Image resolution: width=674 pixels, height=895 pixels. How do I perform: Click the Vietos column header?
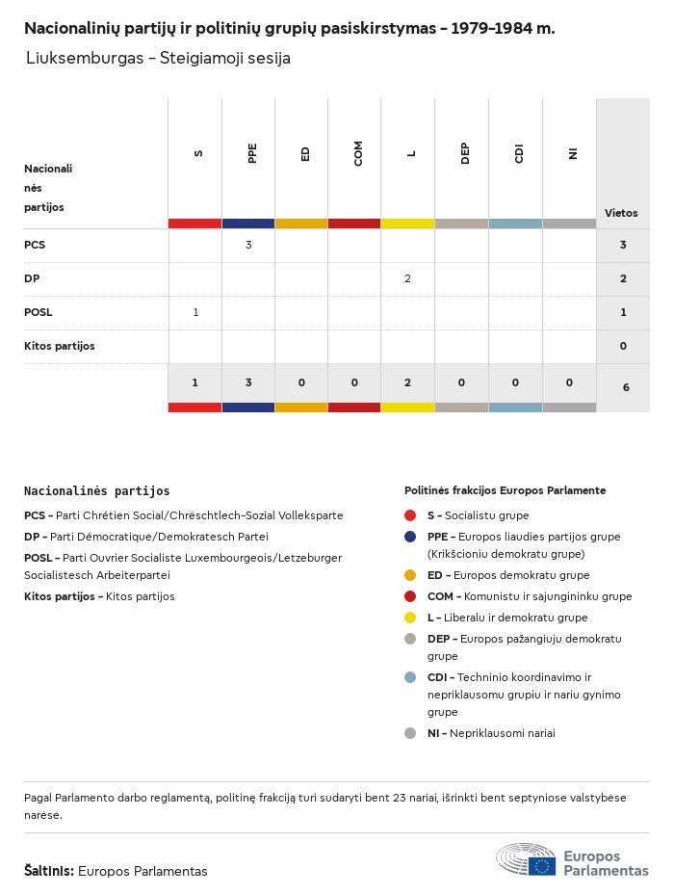coord(621,213)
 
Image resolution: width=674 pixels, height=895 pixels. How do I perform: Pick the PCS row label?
coord(35,245)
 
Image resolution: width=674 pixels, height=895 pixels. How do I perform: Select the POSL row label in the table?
coord(39,312)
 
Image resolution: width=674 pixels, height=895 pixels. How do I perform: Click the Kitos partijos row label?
coord(60,346)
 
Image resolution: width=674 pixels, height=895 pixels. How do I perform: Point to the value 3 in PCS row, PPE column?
coord(248,245)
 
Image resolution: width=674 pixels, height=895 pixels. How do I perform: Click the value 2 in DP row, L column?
coord(407,278)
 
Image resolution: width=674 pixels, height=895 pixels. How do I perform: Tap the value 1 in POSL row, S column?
coord(195,312)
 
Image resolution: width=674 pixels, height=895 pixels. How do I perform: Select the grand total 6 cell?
coord(623,386)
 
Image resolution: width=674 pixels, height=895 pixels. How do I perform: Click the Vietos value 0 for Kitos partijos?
coord(623,346)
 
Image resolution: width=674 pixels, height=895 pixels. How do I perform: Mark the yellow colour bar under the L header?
coord(407,224)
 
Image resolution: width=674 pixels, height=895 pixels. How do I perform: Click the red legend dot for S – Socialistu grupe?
coord(410,515)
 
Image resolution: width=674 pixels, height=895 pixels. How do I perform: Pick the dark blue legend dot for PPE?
coord(410,537)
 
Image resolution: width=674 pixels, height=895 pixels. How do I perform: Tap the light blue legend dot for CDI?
coord(410,677)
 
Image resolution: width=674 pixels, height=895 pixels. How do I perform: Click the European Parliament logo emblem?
coord(527,859)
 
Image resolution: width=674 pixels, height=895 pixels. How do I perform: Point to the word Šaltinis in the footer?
coord(48,871)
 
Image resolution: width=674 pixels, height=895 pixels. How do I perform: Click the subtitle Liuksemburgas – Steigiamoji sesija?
coord(158,59)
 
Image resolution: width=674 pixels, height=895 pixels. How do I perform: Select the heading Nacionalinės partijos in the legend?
coord(96,491)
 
